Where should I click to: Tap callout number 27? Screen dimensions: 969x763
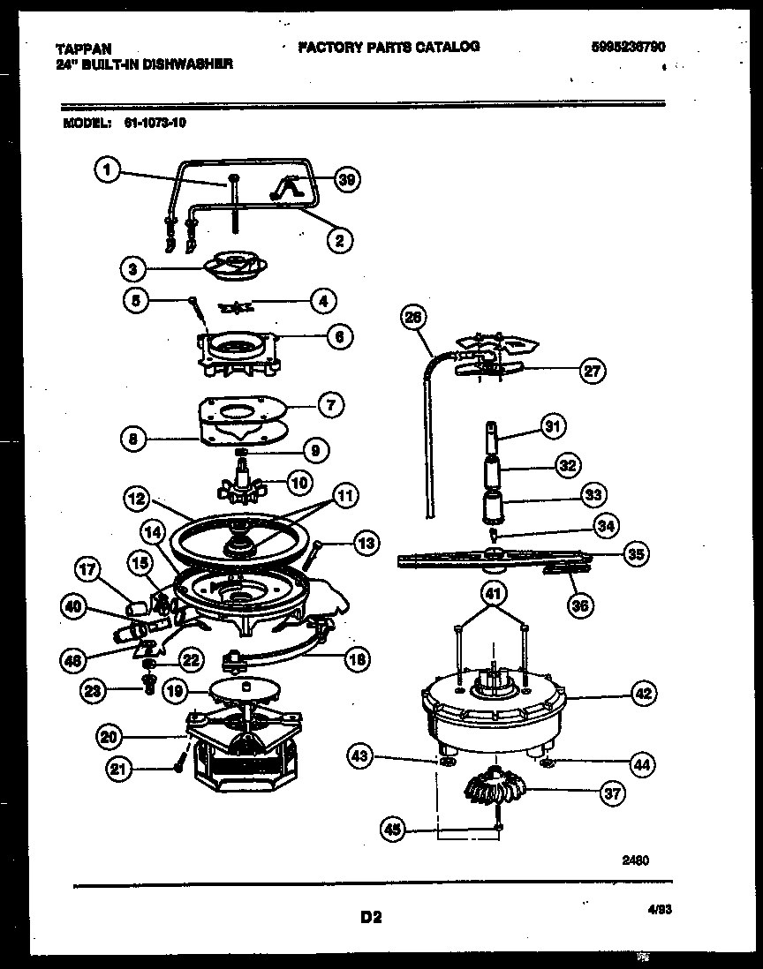pos(592,372)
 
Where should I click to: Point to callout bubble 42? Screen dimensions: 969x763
pos(645,694)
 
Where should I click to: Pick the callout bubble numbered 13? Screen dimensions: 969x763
pos(365,545)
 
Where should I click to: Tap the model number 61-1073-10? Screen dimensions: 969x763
pos(149,124)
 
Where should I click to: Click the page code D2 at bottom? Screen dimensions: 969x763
pos(370,917)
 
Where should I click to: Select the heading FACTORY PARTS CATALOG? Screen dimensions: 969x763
pos(389,47)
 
